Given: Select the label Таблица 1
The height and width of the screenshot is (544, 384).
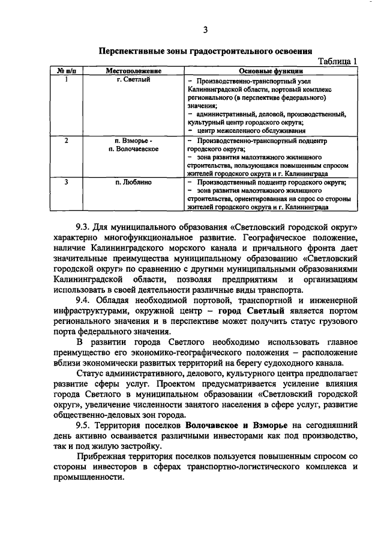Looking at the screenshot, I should (x=338, y=61).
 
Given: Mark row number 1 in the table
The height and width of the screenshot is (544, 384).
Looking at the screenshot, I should (x=65, y=79).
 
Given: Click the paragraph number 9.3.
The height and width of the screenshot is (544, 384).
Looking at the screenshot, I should (x=83, y=227).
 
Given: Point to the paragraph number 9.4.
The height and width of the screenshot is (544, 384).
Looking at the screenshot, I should (x=83, y=299).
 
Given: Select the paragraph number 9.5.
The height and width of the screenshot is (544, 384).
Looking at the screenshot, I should (x=83, y=425).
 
